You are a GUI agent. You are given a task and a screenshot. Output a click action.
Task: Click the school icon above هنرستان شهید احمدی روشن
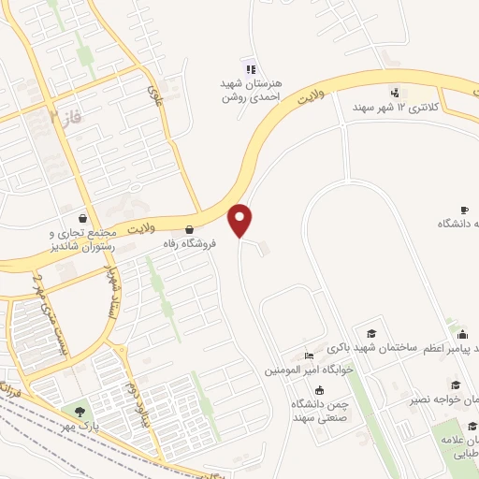(250, 67)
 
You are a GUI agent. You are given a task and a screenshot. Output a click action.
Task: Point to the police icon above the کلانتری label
(395, 92)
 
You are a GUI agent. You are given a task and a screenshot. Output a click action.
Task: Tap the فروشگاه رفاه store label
(190, 243)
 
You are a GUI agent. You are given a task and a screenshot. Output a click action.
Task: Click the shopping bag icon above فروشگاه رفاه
(190, 228)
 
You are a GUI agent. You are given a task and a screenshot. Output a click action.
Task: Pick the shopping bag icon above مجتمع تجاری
(84, 216)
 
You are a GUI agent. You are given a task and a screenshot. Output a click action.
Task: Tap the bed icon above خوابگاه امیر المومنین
(309, 356)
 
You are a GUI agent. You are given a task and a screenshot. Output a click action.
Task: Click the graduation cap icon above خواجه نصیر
(456, 385)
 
